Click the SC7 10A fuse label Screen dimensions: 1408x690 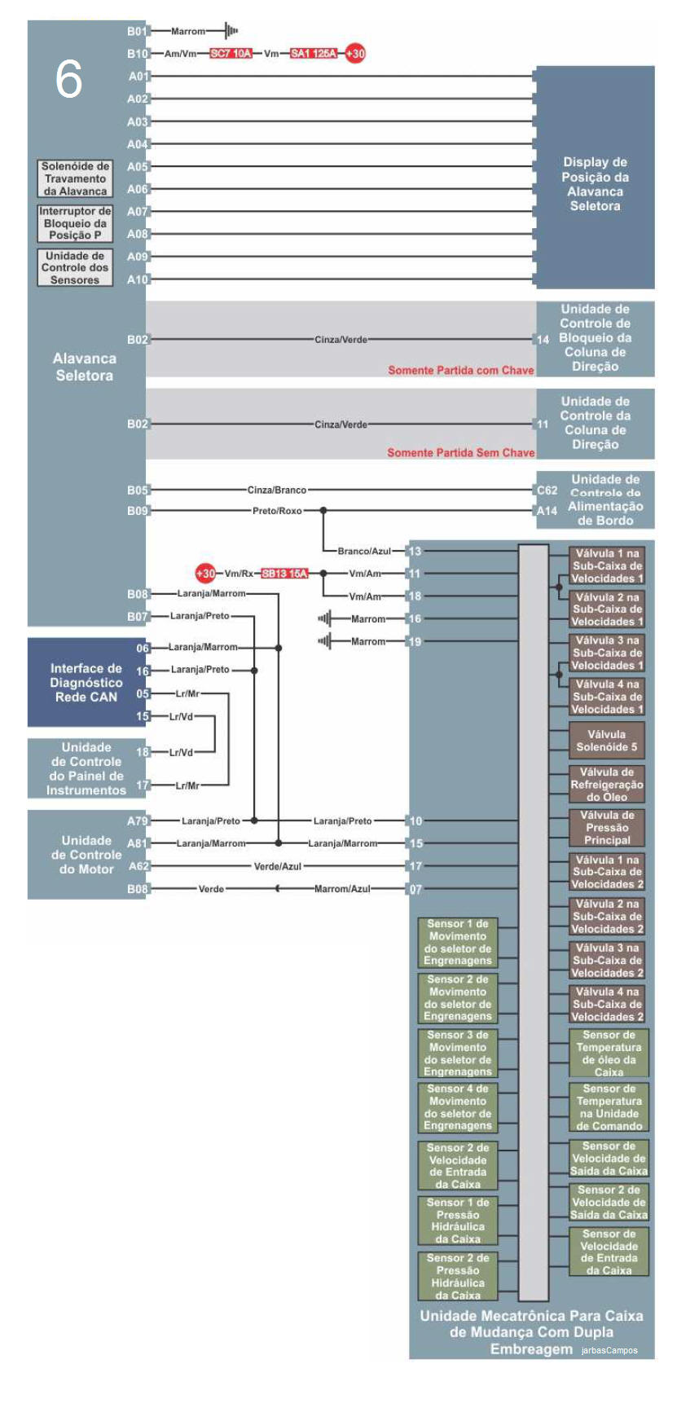coord(231,54)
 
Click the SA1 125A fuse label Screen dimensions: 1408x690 coord(314,54)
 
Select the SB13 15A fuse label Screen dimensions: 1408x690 coord(284,574)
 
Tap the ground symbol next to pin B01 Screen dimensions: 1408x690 coord(231,31)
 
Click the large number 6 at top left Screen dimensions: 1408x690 coord(68,80)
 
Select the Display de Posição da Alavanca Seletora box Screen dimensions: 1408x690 coord(595,183)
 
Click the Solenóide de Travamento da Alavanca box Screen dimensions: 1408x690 coord(75,178)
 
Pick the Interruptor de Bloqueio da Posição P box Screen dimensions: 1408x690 coord(75,222)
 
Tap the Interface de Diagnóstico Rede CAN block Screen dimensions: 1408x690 coord(86,683)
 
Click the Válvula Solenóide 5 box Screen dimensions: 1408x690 coord(607,741)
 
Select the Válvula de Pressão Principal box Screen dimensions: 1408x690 coord(607,828)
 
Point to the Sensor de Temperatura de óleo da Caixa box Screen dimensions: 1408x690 coord(609,1054)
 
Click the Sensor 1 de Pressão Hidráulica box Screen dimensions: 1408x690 coord(458,1221)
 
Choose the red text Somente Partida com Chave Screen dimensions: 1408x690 coord(460,370)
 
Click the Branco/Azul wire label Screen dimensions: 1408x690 coord(364,552)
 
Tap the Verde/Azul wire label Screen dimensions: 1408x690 coord(278,867)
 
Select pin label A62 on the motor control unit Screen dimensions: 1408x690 coord(138,866)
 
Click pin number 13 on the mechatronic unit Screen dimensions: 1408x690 coord(415,552)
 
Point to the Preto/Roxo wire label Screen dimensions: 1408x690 coord(277,511)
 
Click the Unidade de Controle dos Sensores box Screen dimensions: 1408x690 coord(75,267)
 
